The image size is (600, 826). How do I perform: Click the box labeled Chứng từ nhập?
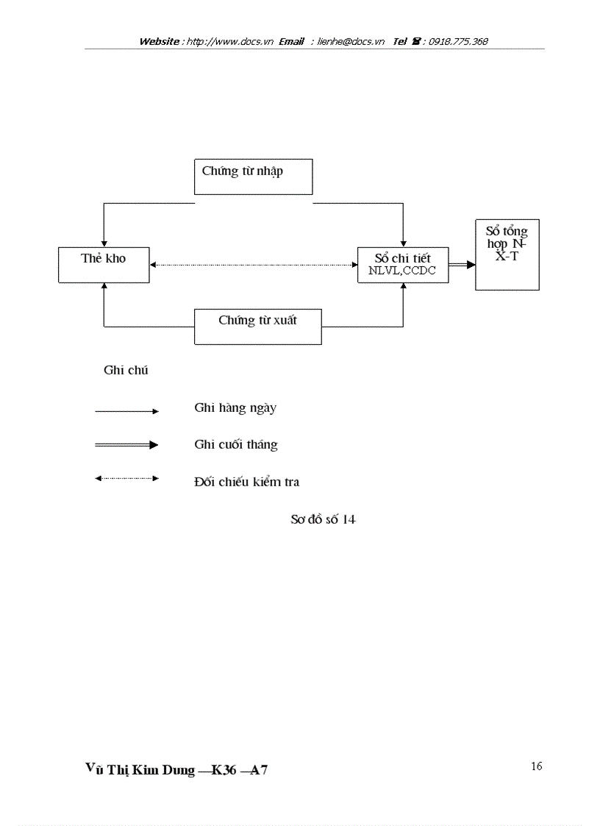click(x=253, y=177)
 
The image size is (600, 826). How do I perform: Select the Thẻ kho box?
click(x=104, y=264)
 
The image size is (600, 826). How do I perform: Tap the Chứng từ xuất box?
click(x=257, y=327)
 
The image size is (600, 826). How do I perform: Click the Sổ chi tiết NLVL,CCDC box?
click(x=402, y=265)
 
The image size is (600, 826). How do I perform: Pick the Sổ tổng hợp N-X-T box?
click(x=507, y=254)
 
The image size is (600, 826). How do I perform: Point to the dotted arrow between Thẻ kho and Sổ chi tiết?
click(x=253, y=265)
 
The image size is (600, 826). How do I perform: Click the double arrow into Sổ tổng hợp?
click(x=462, y=265)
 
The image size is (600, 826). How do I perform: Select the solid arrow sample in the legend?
click(x=126, y=412)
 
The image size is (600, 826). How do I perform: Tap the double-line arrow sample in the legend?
click(x=126, y=445)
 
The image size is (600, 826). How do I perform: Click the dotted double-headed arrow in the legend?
click(x=126, y=479)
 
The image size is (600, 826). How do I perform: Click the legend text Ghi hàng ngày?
click(x=235, y=408)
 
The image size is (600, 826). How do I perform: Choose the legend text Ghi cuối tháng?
click(x=235, y=445)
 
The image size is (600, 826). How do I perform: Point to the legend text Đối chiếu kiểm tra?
click(x=246, y=483)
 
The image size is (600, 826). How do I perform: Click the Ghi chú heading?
click(x=126, y=371)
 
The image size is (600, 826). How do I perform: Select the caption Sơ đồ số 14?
click(x=323, y=520)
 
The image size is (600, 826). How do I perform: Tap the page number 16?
click(x=536, y=766)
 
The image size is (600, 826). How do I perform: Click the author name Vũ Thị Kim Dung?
click(x=140, y=770)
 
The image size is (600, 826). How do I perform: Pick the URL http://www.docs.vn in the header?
click(x=230, y=42)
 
